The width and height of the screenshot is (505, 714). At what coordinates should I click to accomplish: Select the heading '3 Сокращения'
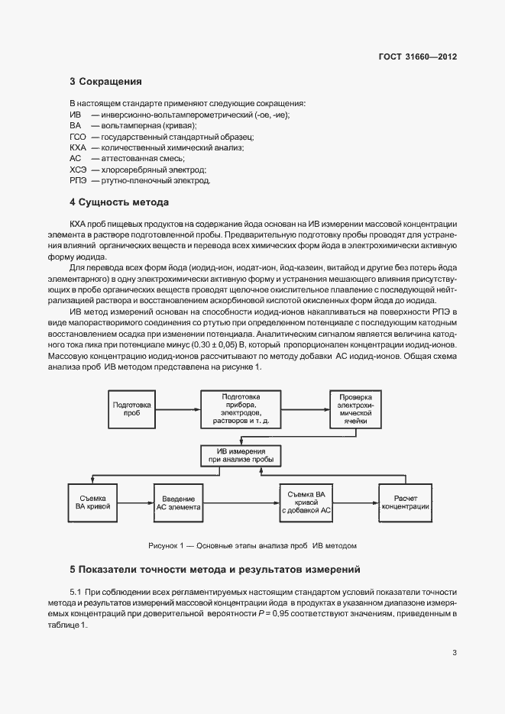point(105,81)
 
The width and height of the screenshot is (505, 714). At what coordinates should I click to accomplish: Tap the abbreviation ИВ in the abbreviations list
point(75,114)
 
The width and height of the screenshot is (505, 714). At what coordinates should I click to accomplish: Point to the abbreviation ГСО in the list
point(77,136)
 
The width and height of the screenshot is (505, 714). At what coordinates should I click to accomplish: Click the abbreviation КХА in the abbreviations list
point(78,147)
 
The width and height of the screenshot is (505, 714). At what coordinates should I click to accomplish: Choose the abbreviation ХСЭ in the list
point(78,169)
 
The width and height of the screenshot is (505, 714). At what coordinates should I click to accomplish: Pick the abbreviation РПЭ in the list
point(78,180)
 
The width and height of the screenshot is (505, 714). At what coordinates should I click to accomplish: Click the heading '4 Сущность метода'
point(118,202)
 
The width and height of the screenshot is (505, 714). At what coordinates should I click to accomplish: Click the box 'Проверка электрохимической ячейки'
point(355,409)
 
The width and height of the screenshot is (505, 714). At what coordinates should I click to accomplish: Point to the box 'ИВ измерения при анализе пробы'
point(241,455)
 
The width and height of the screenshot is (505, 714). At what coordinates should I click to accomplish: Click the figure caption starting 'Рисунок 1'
point(252,546)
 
